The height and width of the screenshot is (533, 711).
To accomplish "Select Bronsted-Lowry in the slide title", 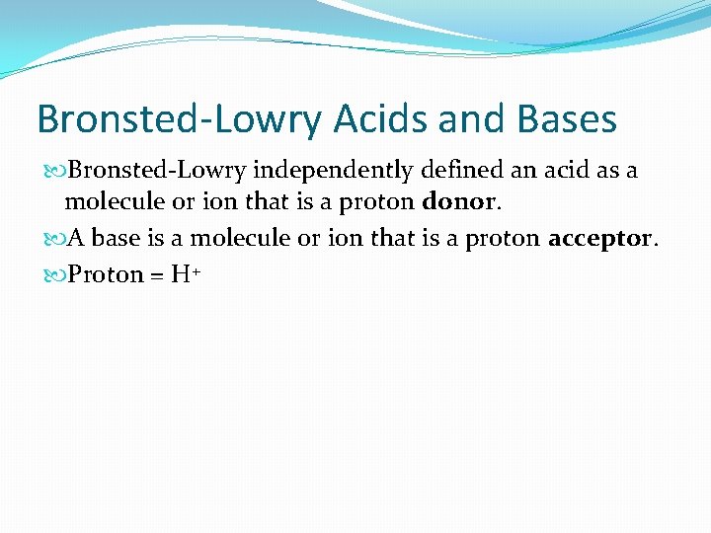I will pyautogui.click(x=179, y=120).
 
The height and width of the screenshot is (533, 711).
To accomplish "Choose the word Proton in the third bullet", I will pyautogui.click(x=106, y=274).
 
